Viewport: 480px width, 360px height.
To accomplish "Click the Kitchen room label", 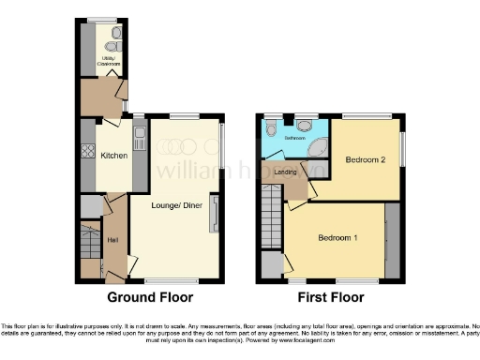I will click(x=113, y=157).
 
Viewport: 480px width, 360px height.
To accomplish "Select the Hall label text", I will click(x=112, y=240).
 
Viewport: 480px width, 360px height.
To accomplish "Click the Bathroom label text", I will click(x=295, y=137).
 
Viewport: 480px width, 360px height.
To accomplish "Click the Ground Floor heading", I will click(x=150, y=297).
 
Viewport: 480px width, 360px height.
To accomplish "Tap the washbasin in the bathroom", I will click(x=305, y=124).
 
